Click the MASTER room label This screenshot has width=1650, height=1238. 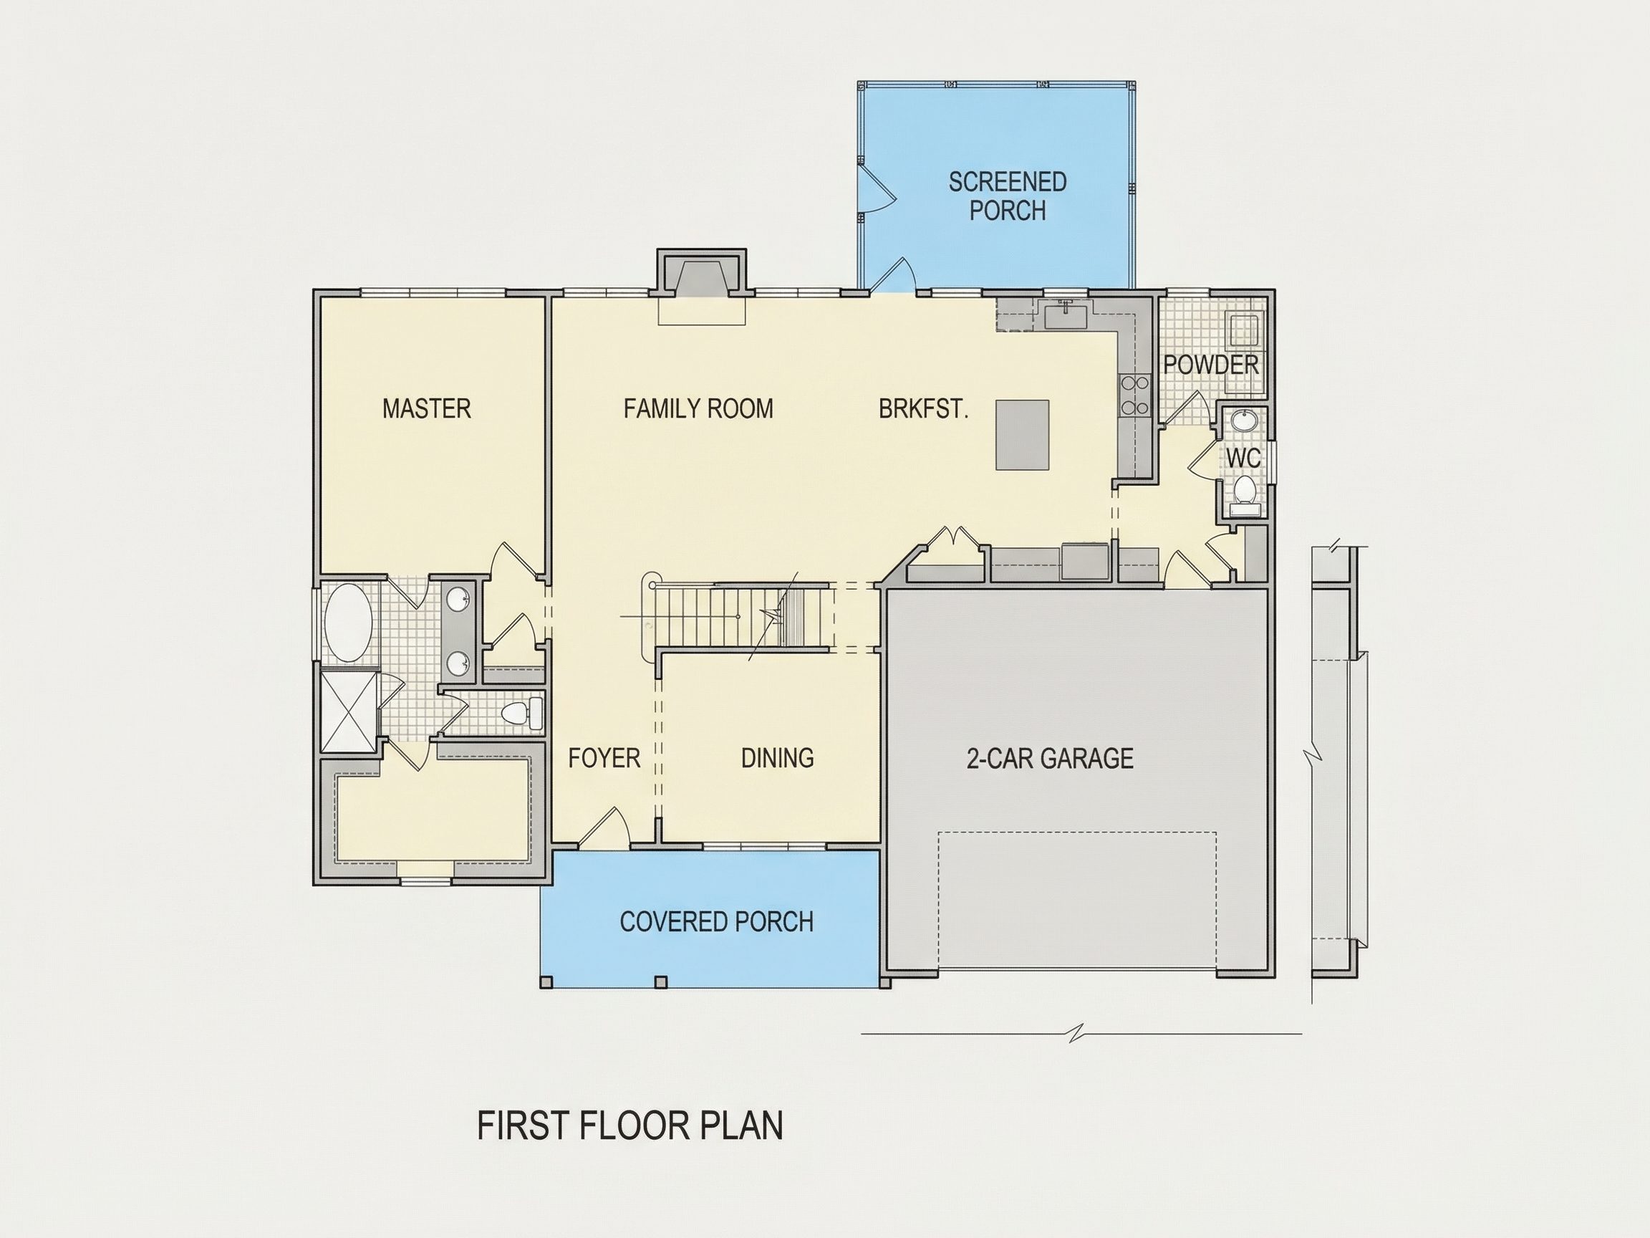click(427, 409)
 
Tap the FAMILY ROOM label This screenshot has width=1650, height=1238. click(698, 409)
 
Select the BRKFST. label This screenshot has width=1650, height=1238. click(923, 409)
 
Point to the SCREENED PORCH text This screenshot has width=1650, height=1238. click(1008, 196)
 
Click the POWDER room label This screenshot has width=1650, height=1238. click(1212, 365)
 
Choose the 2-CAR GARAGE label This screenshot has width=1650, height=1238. click(1051, 758)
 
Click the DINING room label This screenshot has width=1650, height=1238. click(777, 758)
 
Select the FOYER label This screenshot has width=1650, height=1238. click(604, 758)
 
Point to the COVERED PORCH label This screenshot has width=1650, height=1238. click(717, 921)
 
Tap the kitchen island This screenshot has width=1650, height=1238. click(1023, 435)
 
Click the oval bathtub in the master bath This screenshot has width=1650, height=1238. click(348, 623)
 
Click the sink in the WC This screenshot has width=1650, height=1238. click(1243, 420)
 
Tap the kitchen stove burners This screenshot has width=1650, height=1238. click(1134, 395)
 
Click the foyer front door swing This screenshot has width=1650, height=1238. click(606, 826)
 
